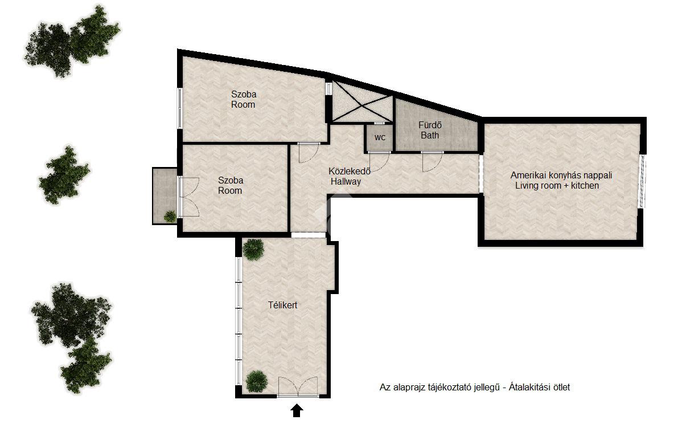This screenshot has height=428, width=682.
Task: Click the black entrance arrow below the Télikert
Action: point(297,410)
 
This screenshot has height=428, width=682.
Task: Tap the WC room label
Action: point(380,137)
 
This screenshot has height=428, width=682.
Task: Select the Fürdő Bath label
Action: point(430,130)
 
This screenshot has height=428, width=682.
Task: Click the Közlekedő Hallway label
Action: point(349,176)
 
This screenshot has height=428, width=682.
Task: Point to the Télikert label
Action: point(282,305)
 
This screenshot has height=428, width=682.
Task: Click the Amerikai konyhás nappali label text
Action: point(561,175)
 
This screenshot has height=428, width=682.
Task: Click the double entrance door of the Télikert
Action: point(298,387)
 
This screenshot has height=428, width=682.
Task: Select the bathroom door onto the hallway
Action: point(432,161)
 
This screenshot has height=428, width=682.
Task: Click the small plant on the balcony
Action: point(170,216)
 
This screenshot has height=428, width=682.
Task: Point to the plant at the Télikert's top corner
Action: point(253,250)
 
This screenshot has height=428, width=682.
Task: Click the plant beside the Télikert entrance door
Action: point(256,381)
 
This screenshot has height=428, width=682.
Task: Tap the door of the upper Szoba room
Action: point(309,152)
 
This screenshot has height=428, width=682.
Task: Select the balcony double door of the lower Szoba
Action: point(189,197)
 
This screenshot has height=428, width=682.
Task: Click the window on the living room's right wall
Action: point(642,180)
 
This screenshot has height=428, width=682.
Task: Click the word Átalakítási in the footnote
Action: point(529,387)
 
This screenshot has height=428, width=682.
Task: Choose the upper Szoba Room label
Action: point(244,99)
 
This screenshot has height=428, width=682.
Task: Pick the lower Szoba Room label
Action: point(231,185)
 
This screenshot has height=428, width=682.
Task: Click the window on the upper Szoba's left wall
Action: point(179,108)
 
